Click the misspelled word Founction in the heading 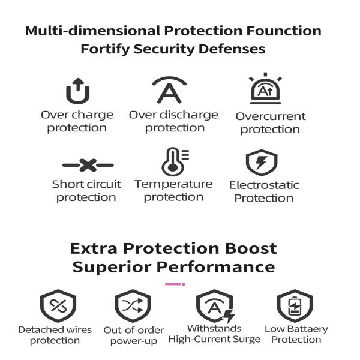284,31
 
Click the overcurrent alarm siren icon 265,89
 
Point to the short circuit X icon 88,165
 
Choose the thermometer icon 175,161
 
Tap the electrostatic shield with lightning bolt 262,163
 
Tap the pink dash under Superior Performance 175,284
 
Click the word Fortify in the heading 106,49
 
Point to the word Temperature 173,184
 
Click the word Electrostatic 264,185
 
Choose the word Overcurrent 271,116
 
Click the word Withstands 214,328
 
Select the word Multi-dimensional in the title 93,31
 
